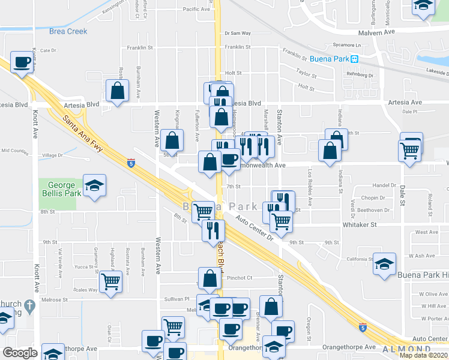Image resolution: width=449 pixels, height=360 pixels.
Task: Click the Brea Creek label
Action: coord(68,31)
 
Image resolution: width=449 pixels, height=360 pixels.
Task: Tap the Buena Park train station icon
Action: coord(355,59)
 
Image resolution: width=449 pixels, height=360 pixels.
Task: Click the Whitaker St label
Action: coord(360,224)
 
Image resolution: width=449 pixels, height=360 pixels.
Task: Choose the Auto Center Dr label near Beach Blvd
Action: coord(254,230)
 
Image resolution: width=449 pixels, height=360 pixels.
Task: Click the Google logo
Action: coord(20,353)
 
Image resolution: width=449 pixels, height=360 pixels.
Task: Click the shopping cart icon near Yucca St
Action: coord(110,281)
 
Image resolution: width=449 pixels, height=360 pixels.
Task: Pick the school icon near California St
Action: coord(384,264)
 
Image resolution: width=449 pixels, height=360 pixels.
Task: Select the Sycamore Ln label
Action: coord(349,45)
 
